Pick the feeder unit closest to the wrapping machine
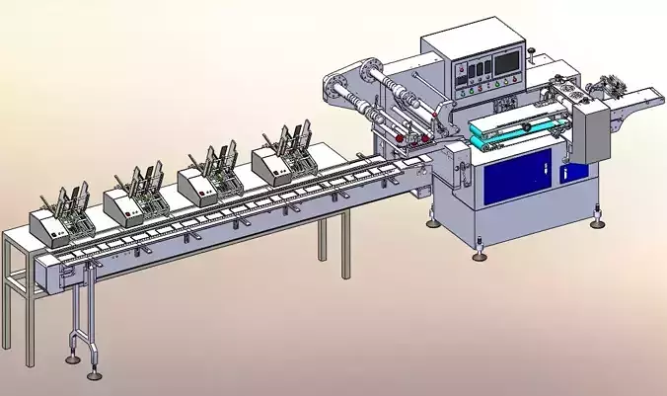tap(276, 162)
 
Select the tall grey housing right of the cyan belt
tap(593, 132)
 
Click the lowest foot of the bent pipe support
tap(95, 374)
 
